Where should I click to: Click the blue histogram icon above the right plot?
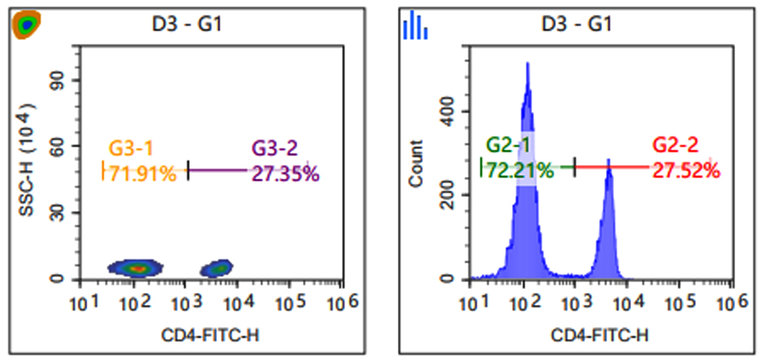tap(416, 26)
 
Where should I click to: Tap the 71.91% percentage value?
tap(141, 174)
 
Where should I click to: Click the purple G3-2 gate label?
tap(275, 149)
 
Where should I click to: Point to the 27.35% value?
tap(285, 174)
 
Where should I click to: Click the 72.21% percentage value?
tap(519, 170)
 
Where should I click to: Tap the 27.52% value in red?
tap(686, 170)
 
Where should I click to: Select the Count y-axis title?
tap(416, 170)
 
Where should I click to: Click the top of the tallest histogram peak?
tap(527, 64)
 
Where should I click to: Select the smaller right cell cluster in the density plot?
tap(218, 269)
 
